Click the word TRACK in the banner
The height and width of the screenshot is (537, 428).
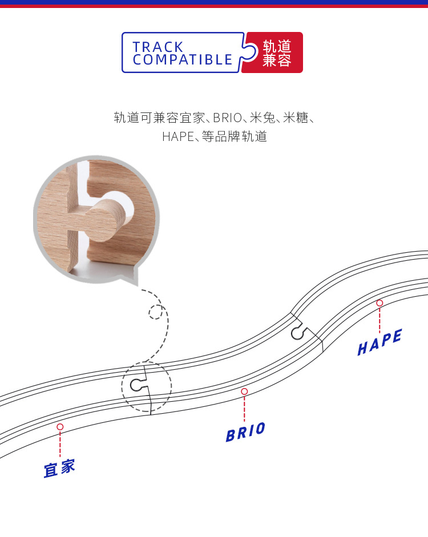pyautogui.click(x=158, y=47)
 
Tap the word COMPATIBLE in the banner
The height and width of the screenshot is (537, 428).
pyautogui.click(x=183, y=60)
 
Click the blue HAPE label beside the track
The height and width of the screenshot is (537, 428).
pyautogui.click(x=379, y=342)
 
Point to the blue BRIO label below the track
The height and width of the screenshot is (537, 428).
pyautogui.click(x=245, y=432)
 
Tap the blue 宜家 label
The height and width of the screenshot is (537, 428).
pyautogui.click(x=59, y=468)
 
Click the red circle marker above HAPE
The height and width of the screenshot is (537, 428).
pyautogui.click(x=379, y=303)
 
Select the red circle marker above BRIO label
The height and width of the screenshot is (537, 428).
pyautogui.click(x=244, y=391)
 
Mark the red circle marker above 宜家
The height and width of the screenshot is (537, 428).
pyautogui.click(x=60, y=427)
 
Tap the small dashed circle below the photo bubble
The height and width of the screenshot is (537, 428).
pyautogui.click(x=155, y=312)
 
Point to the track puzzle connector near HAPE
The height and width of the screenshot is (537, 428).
pyautogui.click(x=298, y=332)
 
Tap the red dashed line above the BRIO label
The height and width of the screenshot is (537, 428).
pyautogui.click(x=244, y=408)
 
